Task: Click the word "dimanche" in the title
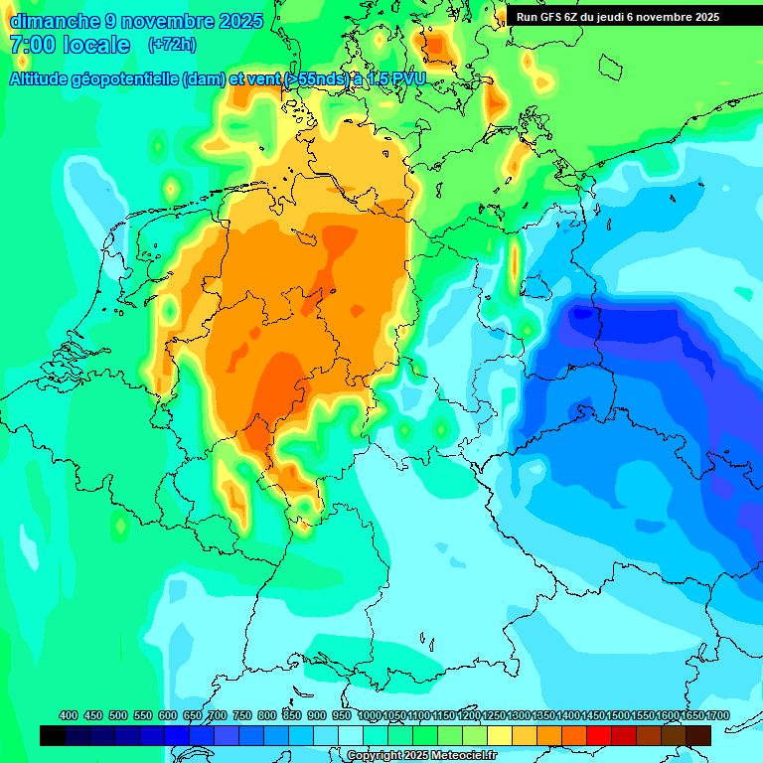click(55, 21)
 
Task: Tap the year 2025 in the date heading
click(238, 21)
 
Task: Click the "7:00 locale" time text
click(70, 45)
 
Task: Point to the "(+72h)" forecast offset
click(172, 45)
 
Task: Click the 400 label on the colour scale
click(69, 715)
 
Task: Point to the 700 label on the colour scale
click(218, 715)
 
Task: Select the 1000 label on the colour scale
click(369, 715)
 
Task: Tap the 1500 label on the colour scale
click(618, 715)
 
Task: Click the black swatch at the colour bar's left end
click(53, 735)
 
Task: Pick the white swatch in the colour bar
click(351, 735)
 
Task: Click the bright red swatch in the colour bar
click(599, 735)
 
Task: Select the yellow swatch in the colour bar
click(500, 735)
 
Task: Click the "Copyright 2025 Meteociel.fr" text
click(421, 756)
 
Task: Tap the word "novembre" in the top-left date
click(160, 21)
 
